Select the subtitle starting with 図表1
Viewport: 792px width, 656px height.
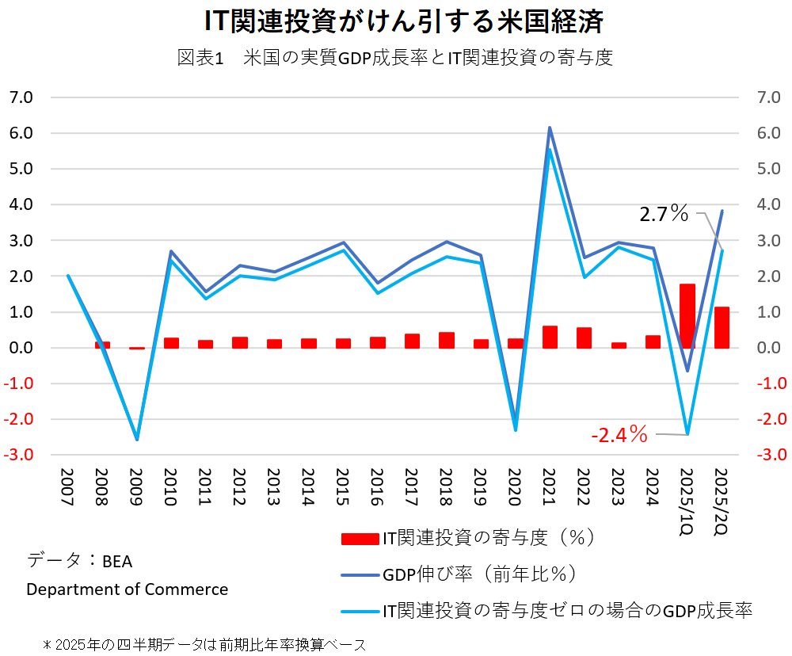point(395,59)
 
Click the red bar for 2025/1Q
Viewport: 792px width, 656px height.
point(687,315)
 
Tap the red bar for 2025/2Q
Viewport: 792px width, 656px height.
point(722,327)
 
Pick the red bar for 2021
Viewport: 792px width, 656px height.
point(550,337)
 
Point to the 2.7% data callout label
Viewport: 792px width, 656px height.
point(664,213)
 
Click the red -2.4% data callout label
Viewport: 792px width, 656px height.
point(619,434)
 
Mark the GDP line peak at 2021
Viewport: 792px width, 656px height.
point(550,128)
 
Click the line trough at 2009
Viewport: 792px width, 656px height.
point(137,439)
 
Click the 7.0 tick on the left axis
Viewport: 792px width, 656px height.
point(21,97)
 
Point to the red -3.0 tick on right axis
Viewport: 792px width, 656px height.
point(771,455)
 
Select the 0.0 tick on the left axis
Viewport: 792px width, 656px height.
point(21,348)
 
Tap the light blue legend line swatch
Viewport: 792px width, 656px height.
point(360,611)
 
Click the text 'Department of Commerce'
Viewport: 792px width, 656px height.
point(128,589)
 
